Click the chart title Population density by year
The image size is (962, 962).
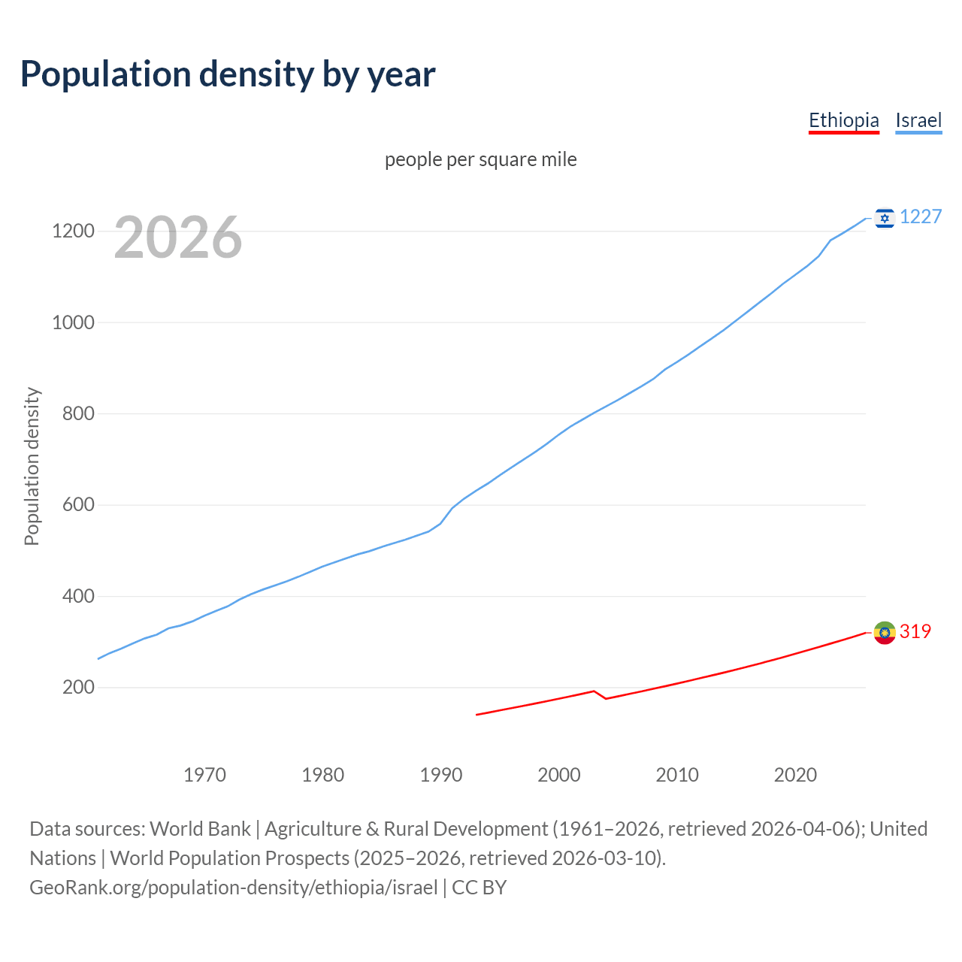(x=228, y=74)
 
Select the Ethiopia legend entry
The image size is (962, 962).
(x=843, y=120)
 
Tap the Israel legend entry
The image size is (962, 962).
(x=918, y=120)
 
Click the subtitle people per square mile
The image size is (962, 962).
(x=481, y=159)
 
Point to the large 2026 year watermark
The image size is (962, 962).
(x=178, y=237)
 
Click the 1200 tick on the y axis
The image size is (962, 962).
(x=73, y=231)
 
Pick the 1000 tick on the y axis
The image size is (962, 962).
(x=73, y=322)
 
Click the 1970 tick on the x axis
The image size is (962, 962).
(x=204, y=775)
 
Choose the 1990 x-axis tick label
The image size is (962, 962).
(x=441, y=775)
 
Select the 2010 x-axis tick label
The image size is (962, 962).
(x=677, y=775)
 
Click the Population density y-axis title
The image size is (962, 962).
(x=32, y=466)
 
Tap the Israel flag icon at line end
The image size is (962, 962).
(x=885, y=218)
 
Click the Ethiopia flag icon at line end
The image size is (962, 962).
(x=885, y=633)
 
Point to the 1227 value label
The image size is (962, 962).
(x=921, y=217)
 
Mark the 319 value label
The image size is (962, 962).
(x=915, y=632)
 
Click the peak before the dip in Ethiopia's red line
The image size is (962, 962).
(x=594, y=691)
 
